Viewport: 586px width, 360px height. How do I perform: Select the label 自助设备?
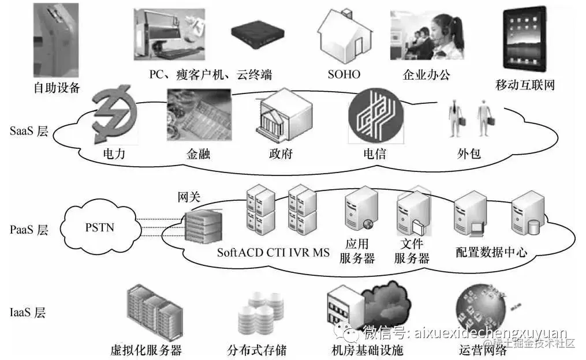(x=57, y=88)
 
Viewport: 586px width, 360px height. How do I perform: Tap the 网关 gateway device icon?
(x=202, y=227)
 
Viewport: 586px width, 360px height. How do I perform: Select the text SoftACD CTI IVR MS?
(x=273, y=253)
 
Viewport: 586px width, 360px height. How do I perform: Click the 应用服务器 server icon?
(x=361, y=209)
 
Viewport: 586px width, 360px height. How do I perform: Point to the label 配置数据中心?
(x=491, y=252)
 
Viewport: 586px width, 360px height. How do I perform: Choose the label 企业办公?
(x=426, y=74)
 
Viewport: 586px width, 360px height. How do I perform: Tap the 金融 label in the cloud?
(x=199, y=154)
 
